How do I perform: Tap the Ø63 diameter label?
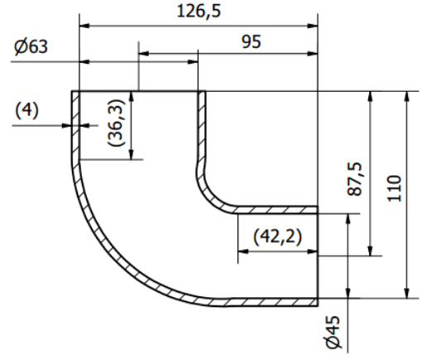(31, 47)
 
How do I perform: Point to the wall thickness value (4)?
(26, 110)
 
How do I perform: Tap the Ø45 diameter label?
(333, 331)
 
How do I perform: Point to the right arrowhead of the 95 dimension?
(314, 54)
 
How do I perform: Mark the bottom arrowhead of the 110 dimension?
(405, 293)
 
